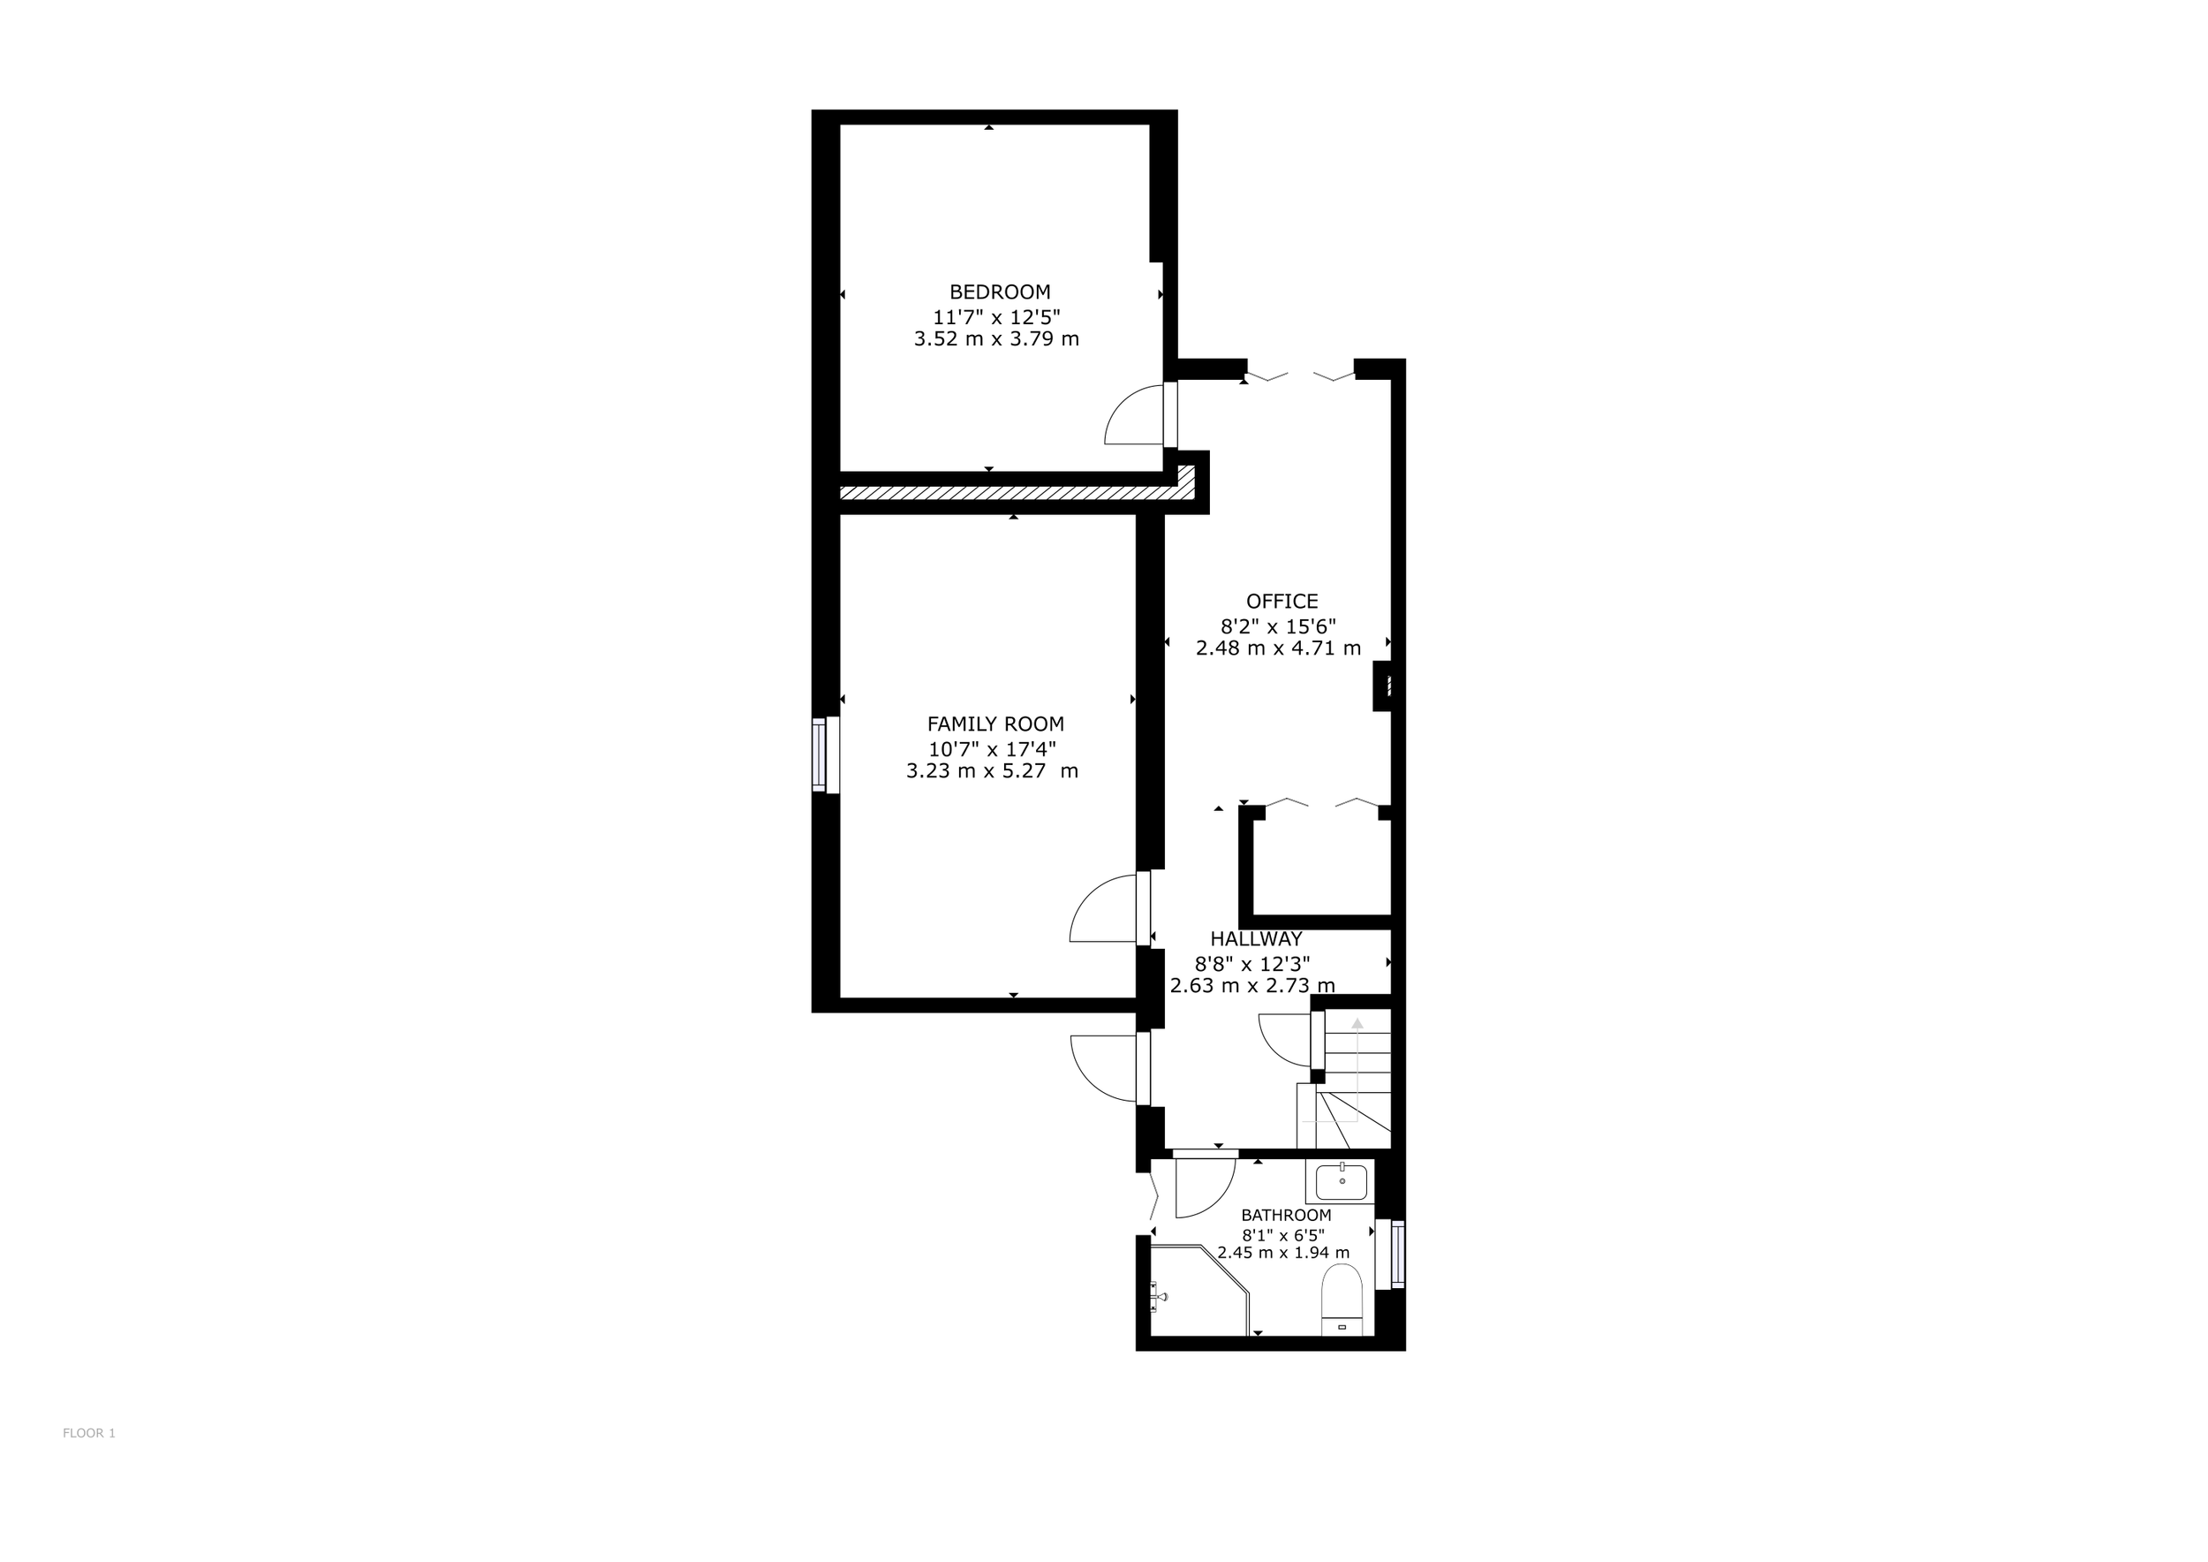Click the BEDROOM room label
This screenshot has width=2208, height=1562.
point(999,292)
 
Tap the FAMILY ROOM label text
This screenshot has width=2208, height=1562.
point(995,724)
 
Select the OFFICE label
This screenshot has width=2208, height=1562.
point(1282,601)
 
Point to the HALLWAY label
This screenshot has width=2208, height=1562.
point(1256,939)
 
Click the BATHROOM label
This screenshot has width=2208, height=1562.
point(1286,1215)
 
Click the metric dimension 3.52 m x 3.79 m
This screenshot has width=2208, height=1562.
point(996,338)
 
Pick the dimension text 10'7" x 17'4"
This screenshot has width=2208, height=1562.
point(992,748)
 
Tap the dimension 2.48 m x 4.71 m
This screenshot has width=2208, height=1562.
point(1278,648)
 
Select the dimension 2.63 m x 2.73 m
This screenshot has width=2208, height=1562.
point(1252,985)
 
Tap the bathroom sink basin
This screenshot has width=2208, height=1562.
point(1342,1182)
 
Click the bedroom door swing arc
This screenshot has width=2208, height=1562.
point(1133,415)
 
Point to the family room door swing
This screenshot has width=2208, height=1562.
point(1101,909)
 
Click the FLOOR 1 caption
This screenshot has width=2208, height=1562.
point(88,1433)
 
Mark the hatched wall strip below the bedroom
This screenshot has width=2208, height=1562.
point(1009,492)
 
